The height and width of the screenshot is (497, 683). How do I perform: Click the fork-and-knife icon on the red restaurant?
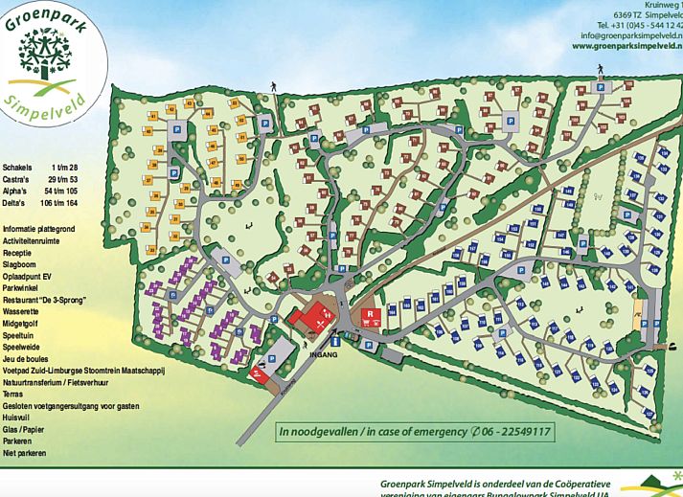(x=307, y=322)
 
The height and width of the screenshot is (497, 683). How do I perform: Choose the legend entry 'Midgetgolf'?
(x=26, y=324)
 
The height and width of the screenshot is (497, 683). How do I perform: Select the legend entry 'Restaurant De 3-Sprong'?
(x=45, y=300)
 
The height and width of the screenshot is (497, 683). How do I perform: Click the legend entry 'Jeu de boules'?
(x=30, y=358)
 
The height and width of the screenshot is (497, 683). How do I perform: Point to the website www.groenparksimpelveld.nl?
(x=627, y=45)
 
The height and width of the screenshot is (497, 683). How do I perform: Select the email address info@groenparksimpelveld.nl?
(x=627, y=34)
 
